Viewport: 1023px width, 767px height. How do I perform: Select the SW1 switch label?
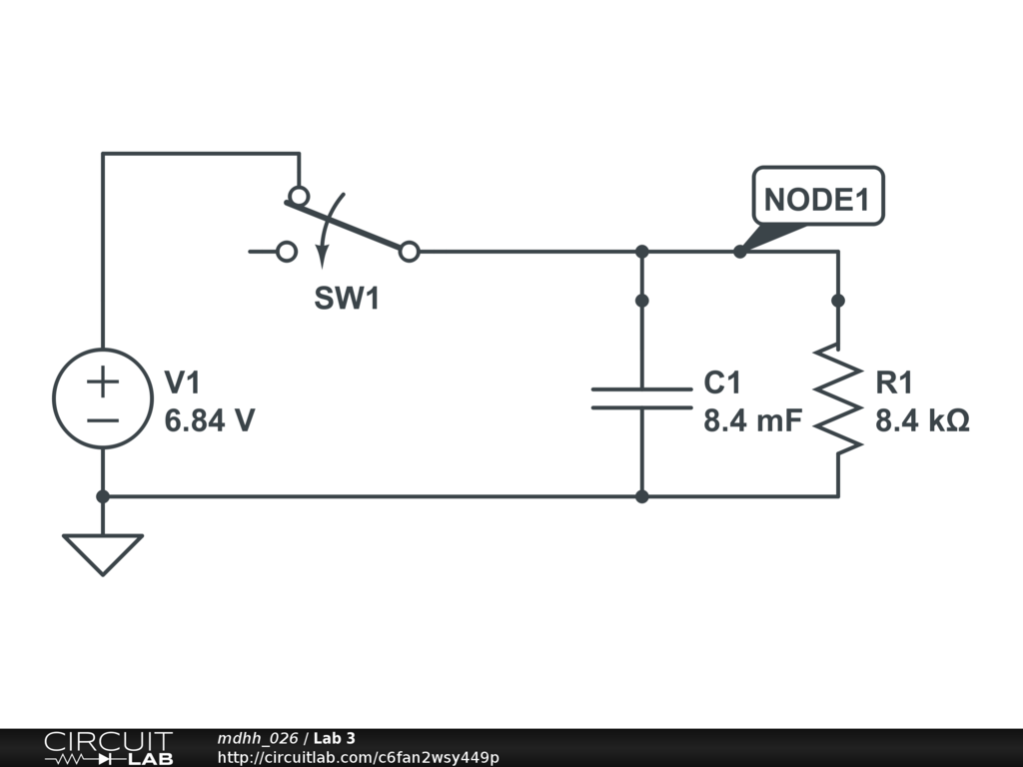pos(347,299)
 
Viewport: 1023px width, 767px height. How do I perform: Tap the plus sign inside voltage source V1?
pos(102,381)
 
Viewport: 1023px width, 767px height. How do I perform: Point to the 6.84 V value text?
pos(210,421)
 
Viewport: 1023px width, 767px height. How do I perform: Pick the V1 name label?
pos(183,383)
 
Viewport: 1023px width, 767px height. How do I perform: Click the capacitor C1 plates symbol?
pos(641,398)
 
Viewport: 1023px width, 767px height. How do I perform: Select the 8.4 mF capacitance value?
pos(752,421)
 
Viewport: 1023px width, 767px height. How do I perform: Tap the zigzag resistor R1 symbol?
pos(837,398)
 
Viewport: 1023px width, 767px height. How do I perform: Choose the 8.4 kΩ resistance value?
pos(922,421)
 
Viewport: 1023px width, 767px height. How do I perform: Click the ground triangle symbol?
pos(102,553)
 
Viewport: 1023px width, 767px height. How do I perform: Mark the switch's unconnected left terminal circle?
pos(287,252)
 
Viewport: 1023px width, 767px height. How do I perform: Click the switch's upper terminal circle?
pos(298,195)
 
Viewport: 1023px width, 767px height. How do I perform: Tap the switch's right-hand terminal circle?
pos(409,252)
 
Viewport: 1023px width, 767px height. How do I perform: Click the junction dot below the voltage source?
pos(102,496)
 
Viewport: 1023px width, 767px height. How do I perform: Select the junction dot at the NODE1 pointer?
pos(739,252)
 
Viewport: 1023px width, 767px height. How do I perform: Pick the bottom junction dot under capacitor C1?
pos(641,496)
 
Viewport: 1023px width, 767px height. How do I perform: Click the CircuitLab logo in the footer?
pos(108,748)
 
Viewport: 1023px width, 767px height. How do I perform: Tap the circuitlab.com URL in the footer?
pos(358,757)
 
